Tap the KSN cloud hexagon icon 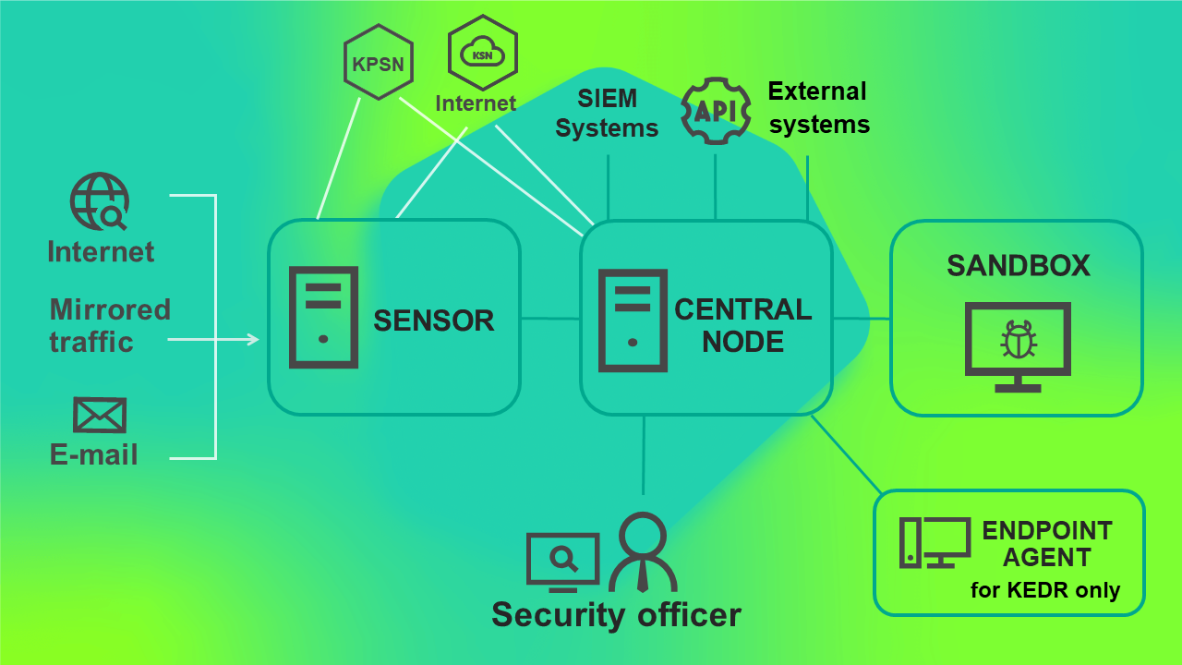pyautogui.click(x=482, y=52)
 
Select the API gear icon pyautogui.click(x=715, y=111)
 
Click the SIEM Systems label pyautogui.click(x=607, y=113)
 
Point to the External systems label pyautogui.click(x=819, y=108)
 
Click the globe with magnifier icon pyautogui.click(x=100, y=201)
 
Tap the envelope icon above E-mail pyautogui.click(x=100, y=416)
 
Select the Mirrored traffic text pyautogui.click(x=110, y=325)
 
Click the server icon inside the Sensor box pyautogui.click(x=323, y=318)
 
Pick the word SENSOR pyautogui.click(x=433, y=320)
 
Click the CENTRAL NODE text pyautogui.click(x=742, y=325)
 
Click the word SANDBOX pyautogui.click(x=1018, y=266)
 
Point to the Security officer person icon pyautogui.click(x=643, y=552)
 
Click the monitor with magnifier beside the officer pyautogui.click(x=562, y=562)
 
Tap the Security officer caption pyautogui.click(x=616, y=614)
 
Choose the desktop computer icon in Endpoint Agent pyautogui.click(x=935, y=543)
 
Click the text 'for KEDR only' pyautogui.click(x=1045, y=590)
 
